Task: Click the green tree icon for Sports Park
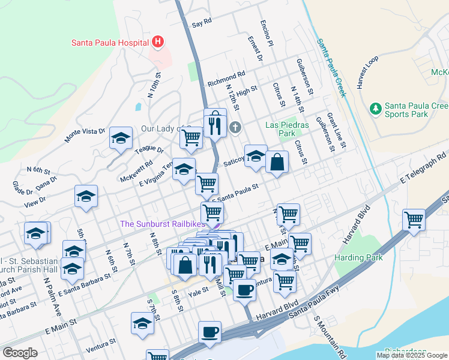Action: pos(376,109)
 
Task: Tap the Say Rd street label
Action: pos(202,23)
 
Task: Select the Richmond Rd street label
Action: pos(226,79)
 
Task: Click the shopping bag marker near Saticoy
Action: pos(277,163)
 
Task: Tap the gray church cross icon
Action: pos(235,127)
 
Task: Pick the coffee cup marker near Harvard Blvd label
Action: pos(244,290)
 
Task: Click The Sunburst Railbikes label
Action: pos(158,224)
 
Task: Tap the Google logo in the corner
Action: pos(20,353)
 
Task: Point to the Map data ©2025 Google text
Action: pos(411,355)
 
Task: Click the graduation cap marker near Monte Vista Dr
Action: pos(121,139)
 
